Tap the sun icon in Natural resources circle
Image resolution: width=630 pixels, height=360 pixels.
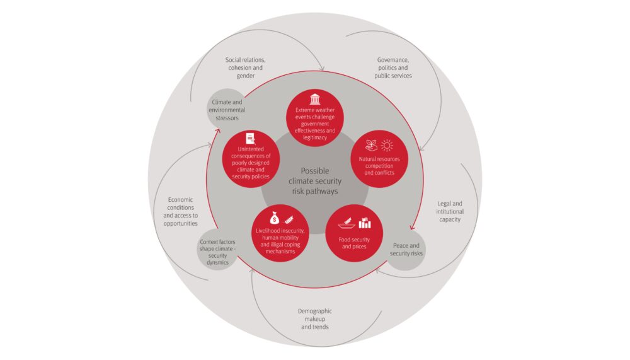387,145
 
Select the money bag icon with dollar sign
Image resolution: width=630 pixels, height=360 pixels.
274,219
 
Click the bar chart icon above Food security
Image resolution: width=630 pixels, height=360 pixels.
365,222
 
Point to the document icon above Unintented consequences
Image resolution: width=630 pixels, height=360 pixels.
251,137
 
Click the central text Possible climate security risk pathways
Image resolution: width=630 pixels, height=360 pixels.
315,180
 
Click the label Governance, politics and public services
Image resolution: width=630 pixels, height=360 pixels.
391,68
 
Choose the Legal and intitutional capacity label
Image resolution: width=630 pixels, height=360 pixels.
450,211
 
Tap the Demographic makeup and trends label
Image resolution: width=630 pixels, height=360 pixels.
315,319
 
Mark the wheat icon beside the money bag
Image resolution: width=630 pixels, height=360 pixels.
289,219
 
